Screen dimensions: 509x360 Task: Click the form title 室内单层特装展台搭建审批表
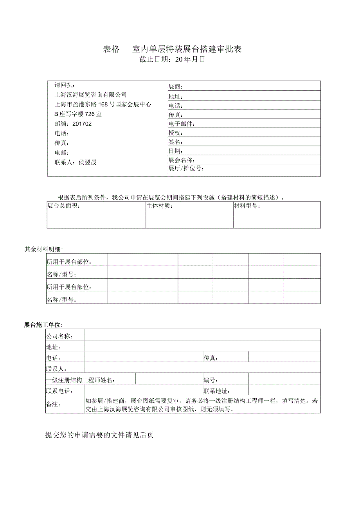pyautogui.click(x=187, y=49)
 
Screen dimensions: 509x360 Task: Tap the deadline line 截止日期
pyautogui.click(x=172, y=59)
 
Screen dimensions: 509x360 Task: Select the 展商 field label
pyautogui.click(x=175, y=87)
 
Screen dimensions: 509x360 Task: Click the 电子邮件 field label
pyautogui.click(x=182, y=124)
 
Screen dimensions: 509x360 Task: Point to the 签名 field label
pyautogui.click(x=175, y=142)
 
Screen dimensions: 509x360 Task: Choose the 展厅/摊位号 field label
pyautogui.click(x=186, y=169)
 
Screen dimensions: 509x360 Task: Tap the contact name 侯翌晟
pyautogui.click(x=88, y=162)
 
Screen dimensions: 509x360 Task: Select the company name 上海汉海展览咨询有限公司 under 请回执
pyautogui.click(x=91, y=95)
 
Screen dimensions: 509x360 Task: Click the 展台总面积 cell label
pyautogui.click(x=63, y=206)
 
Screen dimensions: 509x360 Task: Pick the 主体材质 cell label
pyautogui.click(x=160, y=206)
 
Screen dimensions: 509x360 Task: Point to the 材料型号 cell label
pyautogui.click(x=247, y=206)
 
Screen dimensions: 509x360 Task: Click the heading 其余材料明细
pyautogui.click(x=43, y=249)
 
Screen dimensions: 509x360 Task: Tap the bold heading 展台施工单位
pyautogui.click(x=43, y=325)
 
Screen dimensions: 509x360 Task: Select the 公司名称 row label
pyautogui.click(x=60, y=336)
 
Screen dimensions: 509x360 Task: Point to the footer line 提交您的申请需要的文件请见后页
pyautogui.click(x=99, y=435)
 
